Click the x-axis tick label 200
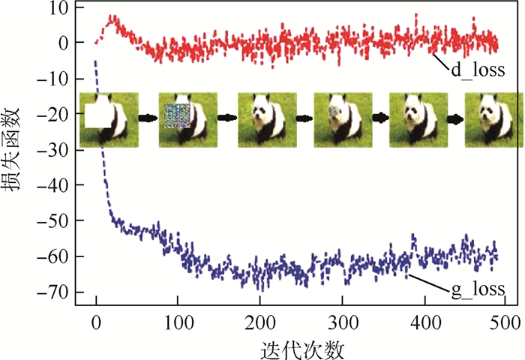259,323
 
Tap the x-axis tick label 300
342,323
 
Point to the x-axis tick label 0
95,323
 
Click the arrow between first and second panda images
148,118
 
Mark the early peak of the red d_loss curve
113,17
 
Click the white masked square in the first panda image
97,116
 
